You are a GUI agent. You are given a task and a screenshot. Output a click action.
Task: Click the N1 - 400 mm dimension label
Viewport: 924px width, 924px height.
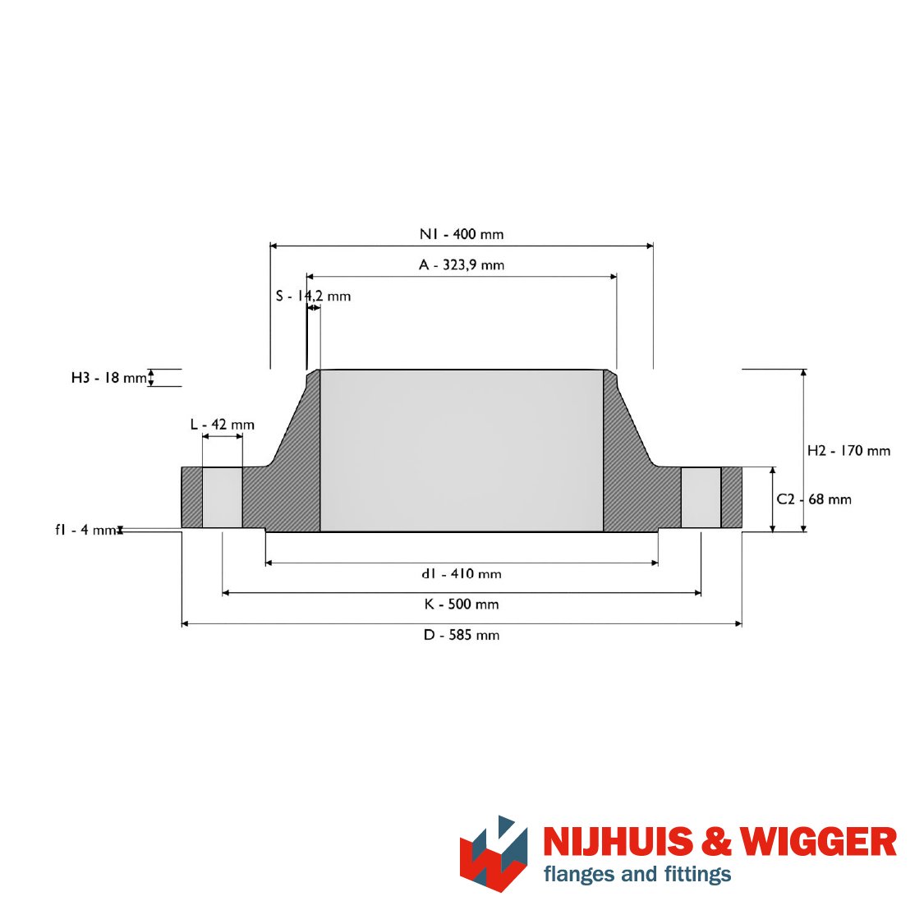(462, 234)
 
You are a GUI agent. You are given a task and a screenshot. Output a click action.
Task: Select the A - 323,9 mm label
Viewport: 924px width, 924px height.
(462, 264)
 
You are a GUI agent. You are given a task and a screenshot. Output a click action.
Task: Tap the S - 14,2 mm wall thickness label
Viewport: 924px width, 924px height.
(313, 296)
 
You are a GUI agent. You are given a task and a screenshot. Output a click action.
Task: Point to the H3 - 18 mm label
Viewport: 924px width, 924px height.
(109, 378)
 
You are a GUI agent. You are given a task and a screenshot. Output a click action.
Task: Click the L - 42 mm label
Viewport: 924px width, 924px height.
(222, 425)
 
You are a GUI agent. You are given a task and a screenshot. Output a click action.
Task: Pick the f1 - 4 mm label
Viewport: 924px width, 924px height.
(86, 530)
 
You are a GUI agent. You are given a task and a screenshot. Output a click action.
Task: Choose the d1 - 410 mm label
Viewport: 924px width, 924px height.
(462, 573)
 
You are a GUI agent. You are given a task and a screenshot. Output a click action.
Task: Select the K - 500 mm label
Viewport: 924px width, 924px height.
(462, 604)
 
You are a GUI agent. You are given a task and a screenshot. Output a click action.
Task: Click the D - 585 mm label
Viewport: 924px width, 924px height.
(462, 635)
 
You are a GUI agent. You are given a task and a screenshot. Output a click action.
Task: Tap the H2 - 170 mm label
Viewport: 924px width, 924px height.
(848, 451)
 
